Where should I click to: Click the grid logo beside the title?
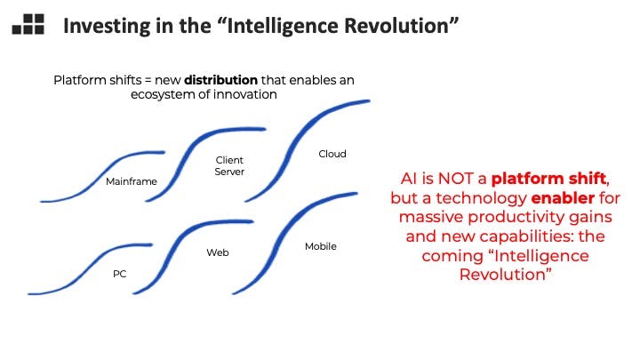(x=28, y=24)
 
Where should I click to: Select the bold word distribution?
(x=220, y=80)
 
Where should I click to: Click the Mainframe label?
(x=132, y=181)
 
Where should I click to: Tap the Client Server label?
(x=229, y=165)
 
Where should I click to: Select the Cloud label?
(x=332, y=154)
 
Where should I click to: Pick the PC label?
(x=120, y=274)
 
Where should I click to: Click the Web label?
(x=218, y=252)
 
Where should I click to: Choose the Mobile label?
(x=321, y=246)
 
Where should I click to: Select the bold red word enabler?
(x=563, y=198)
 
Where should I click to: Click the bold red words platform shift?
(x=548, y=179)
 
